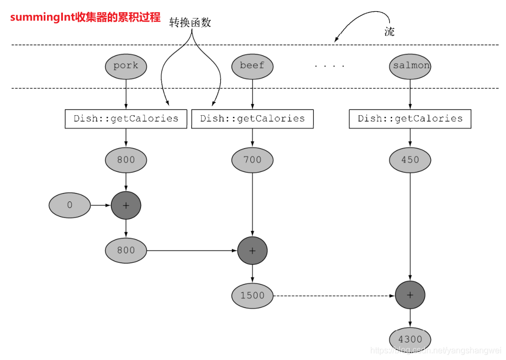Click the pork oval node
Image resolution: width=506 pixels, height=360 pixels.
[x=126, y=66]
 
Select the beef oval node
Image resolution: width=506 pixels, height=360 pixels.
[x=252, y=66]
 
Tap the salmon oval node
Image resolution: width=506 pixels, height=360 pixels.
[x=410, y=66]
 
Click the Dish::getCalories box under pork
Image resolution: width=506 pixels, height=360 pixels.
[x=126, y=118]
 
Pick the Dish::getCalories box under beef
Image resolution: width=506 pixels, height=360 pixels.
[x=252, y=118]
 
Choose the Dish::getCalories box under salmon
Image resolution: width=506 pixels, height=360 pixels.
[x=410, y=118]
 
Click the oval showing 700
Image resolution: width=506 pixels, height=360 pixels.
[x=252, y=160]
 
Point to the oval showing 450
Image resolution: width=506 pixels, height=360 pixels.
[x=410, y=160]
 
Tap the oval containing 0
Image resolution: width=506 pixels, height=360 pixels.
[x=70, y=205]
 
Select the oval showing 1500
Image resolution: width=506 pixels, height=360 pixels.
[x=252, y=296]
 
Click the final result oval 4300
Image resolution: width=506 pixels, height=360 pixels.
[x=410, y=339]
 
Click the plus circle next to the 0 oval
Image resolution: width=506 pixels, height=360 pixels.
[x=126, y=205]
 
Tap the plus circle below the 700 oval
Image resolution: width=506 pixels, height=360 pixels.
[x=252, y=251]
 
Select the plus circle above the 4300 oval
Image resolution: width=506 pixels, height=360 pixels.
[x=410, y=295]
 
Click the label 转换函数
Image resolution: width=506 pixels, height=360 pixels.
[x=190, y=22]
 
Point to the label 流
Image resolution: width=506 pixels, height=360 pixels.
[x=389, y=31]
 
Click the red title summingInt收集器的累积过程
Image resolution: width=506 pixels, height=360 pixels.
[x=85, y=17]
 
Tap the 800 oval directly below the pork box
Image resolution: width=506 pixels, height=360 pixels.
[x=126, y=160]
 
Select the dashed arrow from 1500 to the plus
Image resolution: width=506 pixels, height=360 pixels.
[x=333, y=296]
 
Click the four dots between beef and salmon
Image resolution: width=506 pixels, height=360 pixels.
[x=329, y=67]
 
